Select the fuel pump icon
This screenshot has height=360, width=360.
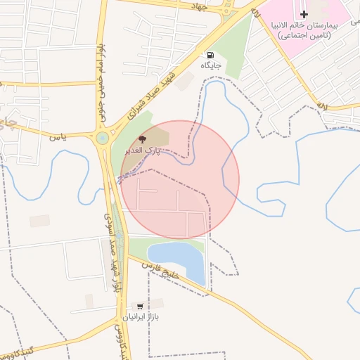210,55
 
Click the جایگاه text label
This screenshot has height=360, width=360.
211,65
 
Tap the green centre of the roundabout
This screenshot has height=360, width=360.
103,138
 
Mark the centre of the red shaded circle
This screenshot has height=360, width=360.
180,180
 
